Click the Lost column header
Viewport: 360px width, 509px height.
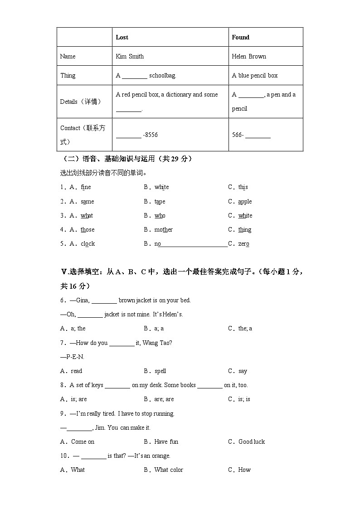point(122,37)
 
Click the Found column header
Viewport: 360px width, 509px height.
point(240,37)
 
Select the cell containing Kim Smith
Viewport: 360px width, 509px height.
point(130,56)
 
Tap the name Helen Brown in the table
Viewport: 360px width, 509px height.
point(249,56)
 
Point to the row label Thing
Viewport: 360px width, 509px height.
point(68,75)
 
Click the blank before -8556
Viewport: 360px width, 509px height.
point(128,135)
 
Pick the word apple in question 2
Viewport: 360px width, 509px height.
point(245,202)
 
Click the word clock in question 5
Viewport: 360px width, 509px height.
point(88,244)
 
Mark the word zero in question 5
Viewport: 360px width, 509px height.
point(243,244)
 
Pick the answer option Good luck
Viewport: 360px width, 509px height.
point(252,442)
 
